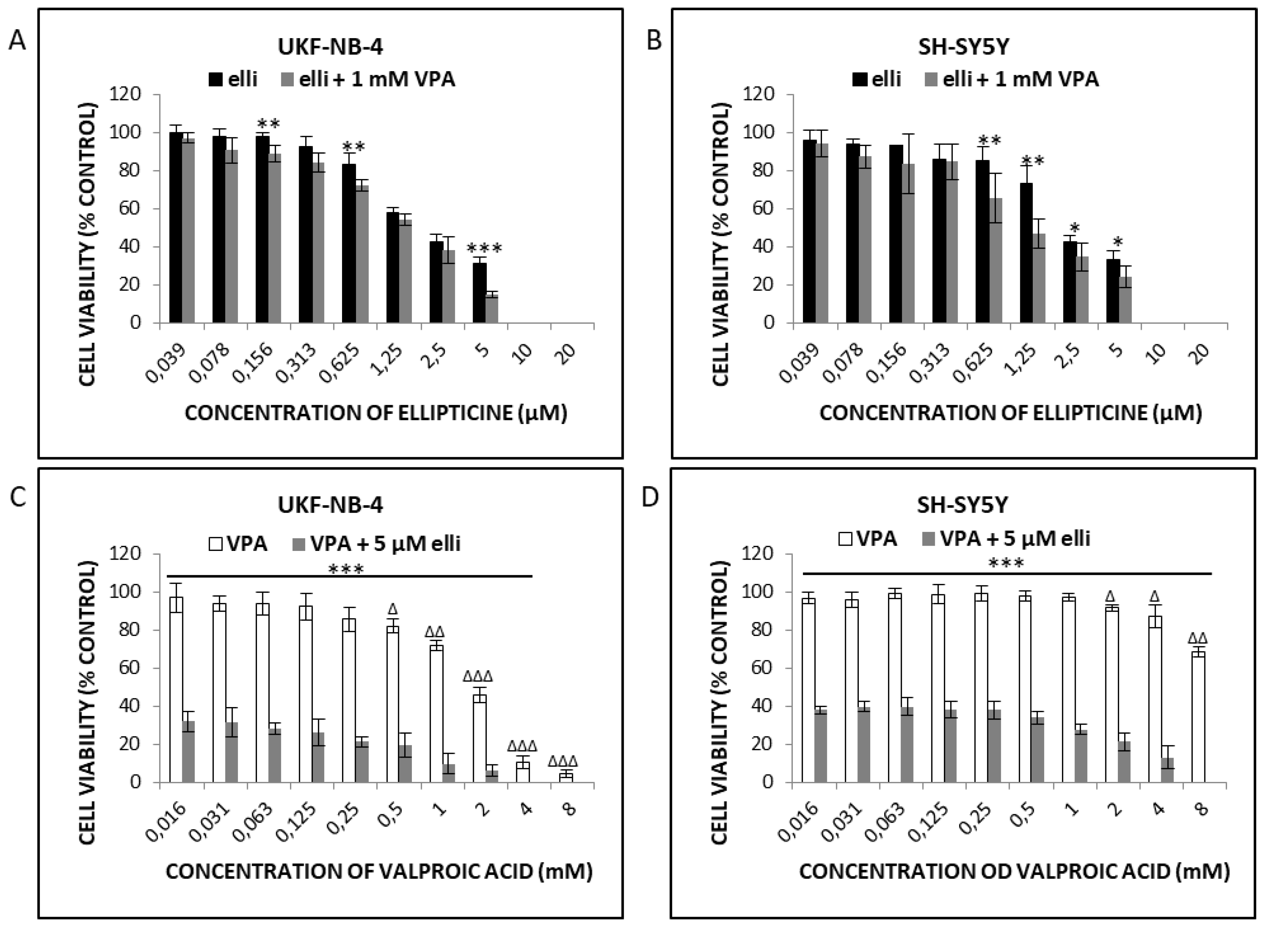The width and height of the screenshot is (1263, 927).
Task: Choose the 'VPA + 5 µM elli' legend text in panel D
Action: click(1015, 539)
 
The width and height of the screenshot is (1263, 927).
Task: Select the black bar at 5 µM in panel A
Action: click(479, 292)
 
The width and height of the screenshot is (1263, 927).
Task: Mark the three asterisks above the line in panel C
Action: click(346, 570)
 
